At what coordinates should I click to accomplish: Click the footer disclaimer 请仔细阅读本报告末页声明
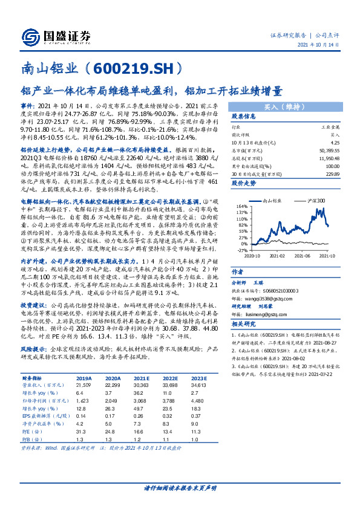180,487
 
